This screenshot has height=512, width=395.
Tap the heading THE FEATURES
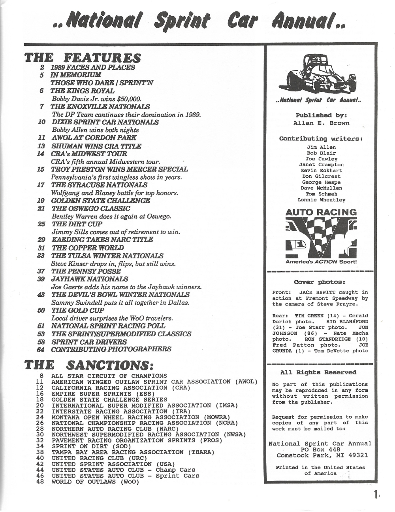tap(83, 58)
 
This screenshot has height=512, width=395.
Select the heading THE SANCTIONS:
tap(89, 364)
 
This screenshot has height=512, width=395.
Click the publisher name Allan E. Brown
tap(321, 123)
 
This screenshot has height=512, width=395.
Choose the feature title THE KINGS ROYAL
tap(82, 91)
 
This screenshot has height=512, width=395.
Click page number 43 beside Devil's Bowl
tap(41, 295)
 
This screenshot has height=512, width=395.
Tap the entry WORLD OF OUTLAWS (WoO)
tap(95, 482)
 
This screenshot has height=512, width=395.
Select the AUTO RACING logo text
tap(321, 212)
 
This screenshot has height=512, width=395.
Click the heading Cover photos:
tap(320, 282)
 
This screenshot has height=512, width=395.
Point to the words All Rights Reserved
tap(318, 372)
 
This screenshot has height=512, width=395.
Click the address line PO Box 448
tap(320, 449)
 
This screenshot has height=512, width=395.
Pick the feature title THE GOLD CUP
tap(78, 311)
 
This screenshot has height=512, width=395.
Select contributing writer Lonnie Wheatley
tap(321, 200)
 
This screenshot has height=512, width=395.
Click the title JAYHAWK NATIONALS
tap(90, 279)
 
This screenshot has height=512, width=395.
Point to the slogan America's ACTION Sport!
tap(321, 262)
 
